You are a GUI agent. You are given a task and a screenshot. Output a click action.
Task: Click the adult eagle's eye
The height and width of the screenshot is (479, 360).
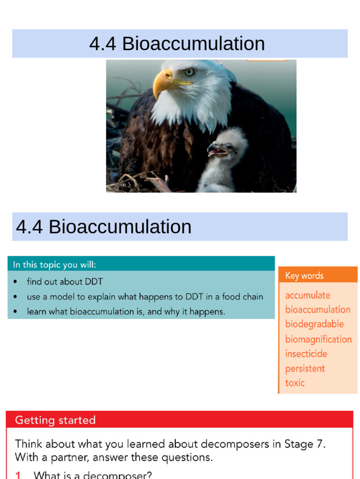(x=189, y=72)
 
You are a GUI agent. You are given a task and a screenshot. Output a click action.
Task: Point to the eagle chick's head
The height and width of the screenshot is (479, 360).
(x=228, y=143)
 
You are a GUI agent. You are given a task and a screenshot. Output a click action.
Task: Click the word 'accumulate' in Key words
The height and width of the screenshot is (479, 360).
(x=307, y=296)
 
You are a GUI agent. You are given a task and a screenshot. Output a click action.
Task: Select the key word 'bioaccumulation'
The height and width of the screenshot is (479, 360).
(x=318, y=310)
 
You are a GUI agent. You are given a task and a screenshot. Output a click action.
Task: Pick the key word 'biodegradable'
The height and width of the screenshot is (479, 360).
(x=315, y=324)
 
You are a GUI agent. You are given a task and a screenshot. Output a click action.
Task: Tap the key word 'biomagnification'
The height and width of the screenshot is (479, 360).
(x=318, y=339)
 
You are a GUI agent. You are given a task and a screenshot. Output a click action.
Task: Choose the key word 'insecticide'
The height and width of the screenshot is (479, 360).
(x=306, y=354)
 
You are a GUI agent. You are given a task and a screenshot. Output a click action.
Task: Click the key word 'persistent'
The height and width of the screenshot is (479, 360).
(x=305, y=369)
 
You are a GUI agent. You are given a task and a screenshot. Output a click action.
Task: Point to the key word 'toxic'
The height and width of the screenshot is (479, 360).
(x=295, y=383)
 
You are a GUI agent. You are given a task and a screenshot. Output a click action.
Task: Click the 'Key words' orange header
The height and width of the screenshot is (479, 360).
(x=318, y=275)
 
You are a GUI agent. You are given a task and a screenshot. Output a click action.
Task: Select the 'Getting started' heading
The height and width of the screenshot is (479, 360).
(x=55, y=420)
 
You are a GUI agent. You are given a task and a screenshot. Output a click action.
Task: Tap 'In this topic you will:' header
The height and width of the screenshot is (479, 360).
(x=54, y=265)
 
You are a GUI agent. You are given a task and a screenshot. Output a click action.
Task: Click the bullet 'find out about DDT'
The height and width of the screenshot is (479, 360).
(x=65, y=281)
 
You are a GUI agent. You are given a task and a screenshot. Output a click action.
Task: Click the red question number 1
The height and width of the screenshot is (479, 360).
(x=18, y=475)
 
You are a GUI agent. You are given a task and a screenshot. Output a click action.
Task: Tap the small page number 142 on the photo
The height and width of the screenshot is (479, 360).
(x=123, y=185)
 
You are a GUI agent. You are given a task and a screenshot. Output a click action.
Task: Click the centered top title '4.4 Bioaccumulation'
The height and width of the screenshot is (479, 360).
(x=177, y=44)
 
